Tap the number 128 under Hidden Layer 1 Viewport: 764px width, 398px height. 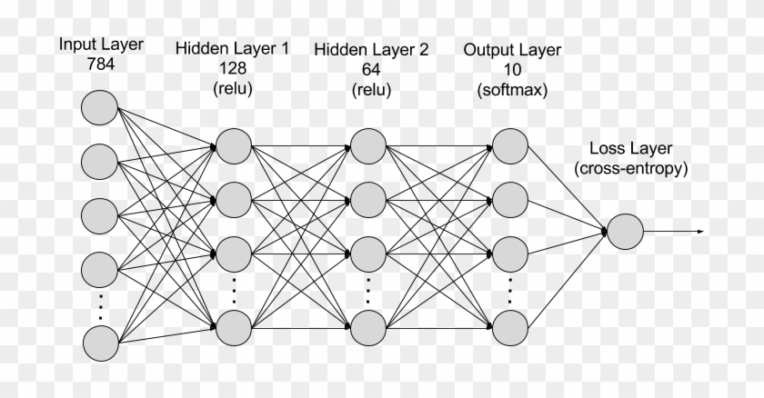234,68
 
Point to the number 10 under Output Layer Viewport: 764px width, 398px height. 510,68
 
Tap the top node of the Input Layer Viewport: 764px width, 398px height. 99,109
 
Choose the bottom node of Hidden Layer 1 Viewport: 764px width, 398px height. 233,323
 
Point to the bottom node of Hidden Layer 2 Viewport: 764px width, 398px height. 367,323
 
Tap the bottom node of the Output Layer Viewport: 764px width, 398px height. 509,323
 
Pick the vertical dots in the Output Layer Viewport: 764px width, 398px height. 509,288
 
